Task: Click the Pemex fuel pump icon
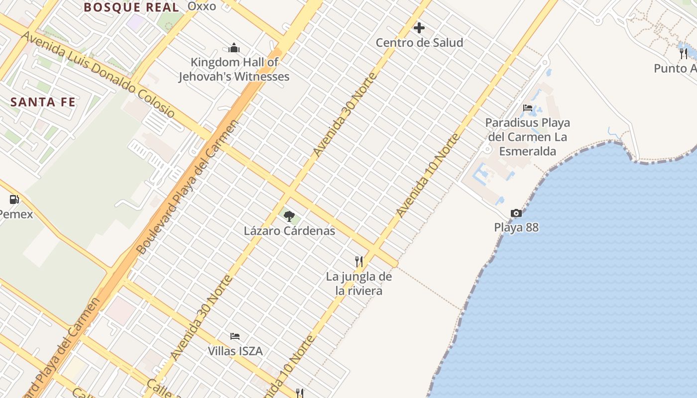(14, 199)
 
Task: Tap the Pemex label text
(16, 214)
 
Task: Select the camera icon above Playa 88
(516, 213)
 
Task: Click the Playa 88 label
(516, 227)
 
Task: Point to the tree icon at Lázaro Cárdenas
(289, 216)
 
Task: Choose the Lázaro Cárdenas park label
(289, 231)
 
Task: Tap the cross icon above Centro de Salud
(419, 28)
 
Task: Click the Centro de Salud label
(419, 43)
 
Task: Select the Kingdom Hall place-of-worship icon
(234, 48)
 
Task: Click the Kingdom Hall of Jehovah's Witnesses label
(234, 70)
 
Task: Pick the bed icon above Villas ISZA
(235, 336)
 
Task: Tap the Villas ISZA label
(235, 351)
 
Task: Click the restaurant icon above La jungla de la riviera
(358, 261)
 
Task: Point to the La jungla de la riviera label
(358, 284)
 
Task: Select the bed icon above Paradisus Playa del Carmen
(528, 108)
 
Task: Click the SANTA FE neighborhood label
(43, 102)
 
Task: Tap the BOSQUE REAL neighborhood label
(131, 7)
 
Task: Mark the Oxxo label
(202, 6)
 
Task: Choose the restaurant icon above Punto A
(684, 53)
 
